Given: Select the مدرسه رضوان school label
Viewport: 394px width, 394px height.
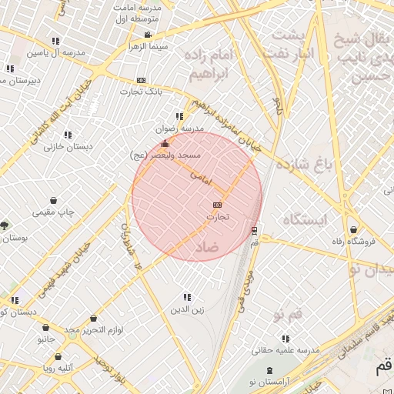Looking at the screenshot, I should tap(179, 129).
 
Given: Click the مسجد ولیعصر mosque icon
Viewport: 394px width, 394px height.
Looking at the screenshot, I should tap(164, 144).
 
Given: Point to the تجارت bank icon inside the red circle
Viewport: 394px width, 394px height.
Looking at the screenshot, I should tap(217, 205).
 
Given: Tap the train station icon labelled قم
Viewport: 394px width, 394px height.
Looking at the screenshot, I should tap(254, 230).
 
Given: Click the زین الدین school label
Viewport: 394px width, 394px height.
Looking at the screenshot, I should tap(187, 309).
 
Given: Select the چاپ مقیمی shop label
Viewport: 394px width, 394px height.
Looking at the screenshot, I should tap(52, 212).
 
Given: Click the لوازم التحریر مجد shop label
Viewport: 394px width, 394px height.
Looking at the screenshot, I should tap(94, 329).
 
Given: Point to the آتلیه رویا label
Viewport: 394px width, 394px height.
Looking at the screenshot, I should tap(58, 368).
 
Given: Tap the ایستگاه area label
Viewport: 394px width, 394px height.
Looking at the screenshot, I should tap(305, 220).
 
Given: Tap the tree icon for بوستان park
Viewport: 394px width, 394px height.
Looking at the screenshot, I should tap(5, 225).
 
